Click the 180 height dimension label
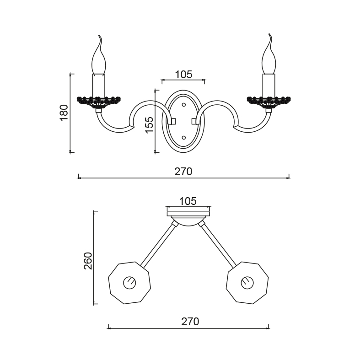pos(64,112)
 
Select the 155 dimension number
pos(149,125)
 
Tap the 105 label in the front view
pos(183,75)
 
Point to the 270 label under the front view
pos(183,172)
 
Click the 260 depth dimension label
pos(88,261)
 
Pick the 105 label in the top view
pos(188,201)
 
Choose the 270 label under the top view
pos(190,322)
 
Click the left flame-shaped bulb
pos(99,54)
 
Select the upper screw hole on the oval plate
pos(184,105)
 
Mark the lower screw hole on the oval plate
pos(184,138)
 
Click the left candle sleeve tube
pos(99,86)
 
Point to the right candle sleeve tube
pos(269,86)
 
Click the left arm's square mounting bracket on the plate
pos(172,121)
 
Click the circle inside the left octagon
pos(129,283)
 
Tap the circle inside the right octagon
pos(247,283)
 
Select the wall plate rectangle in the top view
pos(188,214)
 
